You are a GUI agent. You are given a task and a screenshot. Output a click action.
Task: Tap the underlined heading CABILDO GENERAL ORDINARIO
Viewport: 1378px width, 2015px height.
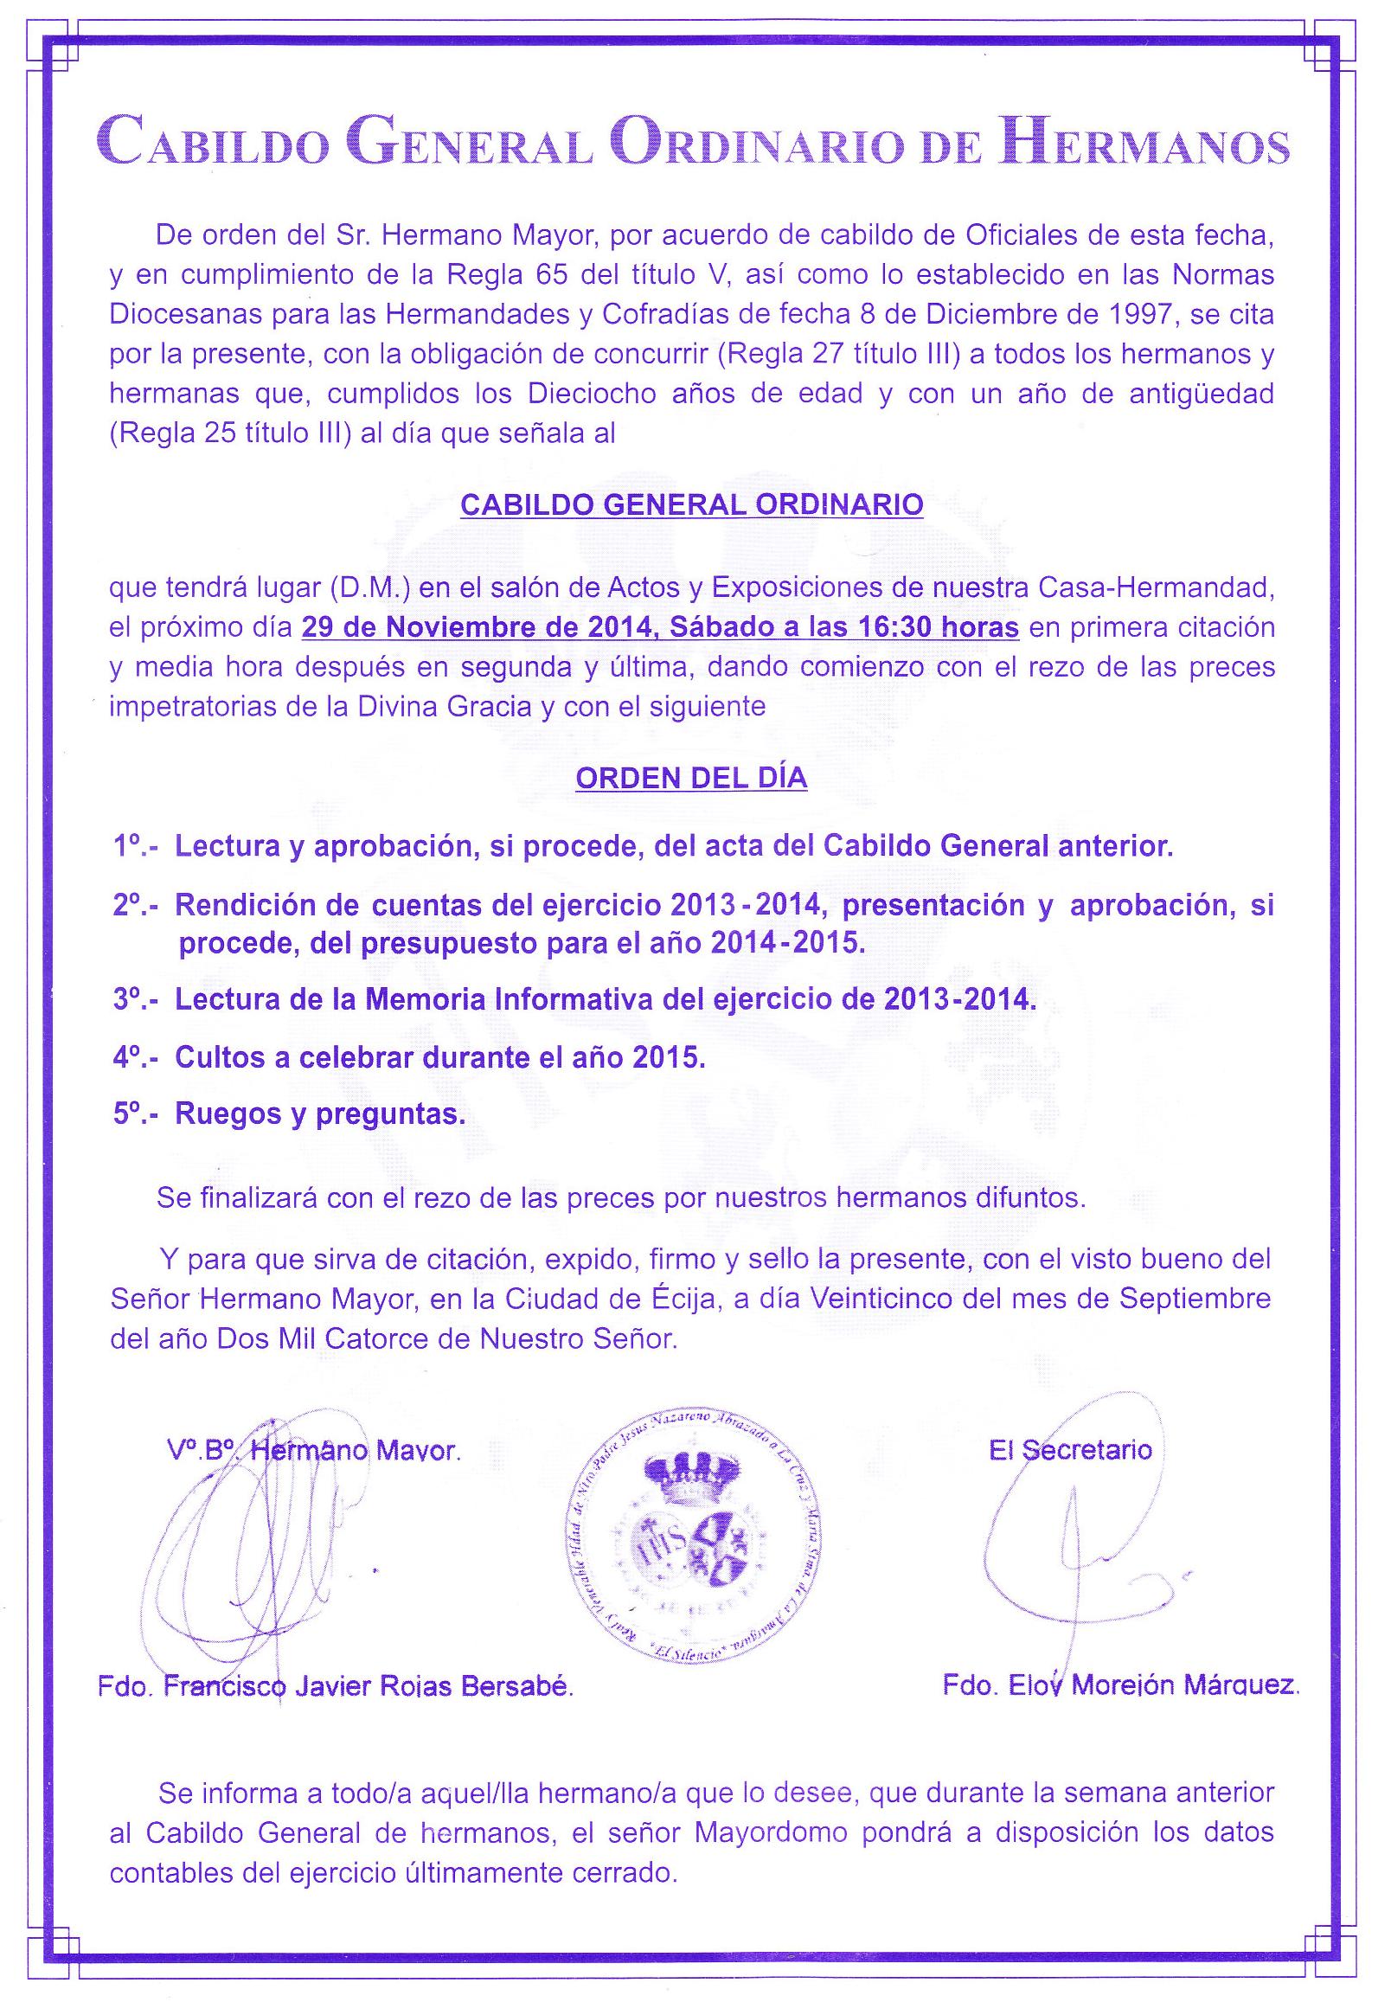pos(691,504)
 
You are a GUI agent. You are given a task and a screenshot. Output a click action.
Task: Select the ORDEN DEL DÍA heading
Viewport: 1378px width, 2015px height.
pos(691,779)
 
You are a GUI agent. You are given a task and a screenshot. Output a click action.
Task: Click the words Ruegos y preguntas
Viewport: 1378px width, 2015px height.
pos(320,1114)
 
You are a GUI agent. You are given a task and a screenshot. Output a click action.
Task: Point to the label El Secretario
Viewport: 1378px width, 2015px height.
pos(1070,1449)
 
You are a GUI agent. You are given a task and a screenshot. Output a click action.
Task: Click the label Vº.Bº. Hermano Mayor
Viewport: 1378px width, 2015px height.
pos(314,1451)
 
